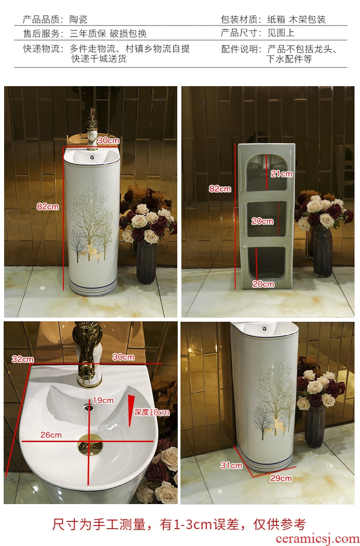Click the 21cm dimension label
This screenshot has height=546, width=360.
281,173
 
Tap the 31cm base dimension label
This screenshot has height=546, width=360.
231,465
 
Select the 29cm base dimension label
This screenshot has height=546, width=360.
281,478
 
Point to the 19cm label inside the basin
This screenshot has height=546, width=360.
103,401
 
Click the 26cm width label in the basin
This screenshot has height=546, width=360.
51,435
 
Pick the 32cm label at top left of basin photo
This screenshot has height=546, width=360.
23,359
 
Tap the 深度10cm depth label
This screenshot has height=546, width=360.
152,412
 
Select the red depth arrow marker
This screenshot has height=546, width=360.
131,410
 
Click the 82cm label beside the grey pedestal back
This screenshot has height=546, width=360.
220,189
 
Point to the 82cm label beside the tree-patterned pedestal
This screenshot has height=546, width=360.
48,206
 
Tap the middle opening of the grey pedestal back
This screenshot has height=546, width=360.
267,220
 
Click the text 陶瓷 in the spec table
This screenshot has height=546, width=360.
78,19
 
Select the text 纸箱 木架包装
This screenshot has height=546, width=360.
296,20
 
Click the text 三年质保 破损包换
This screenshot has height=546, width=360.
108,33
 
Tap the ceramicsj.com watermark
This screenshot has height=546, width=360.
317,539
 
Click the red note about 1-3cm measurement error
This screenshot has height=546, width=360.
179,524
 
